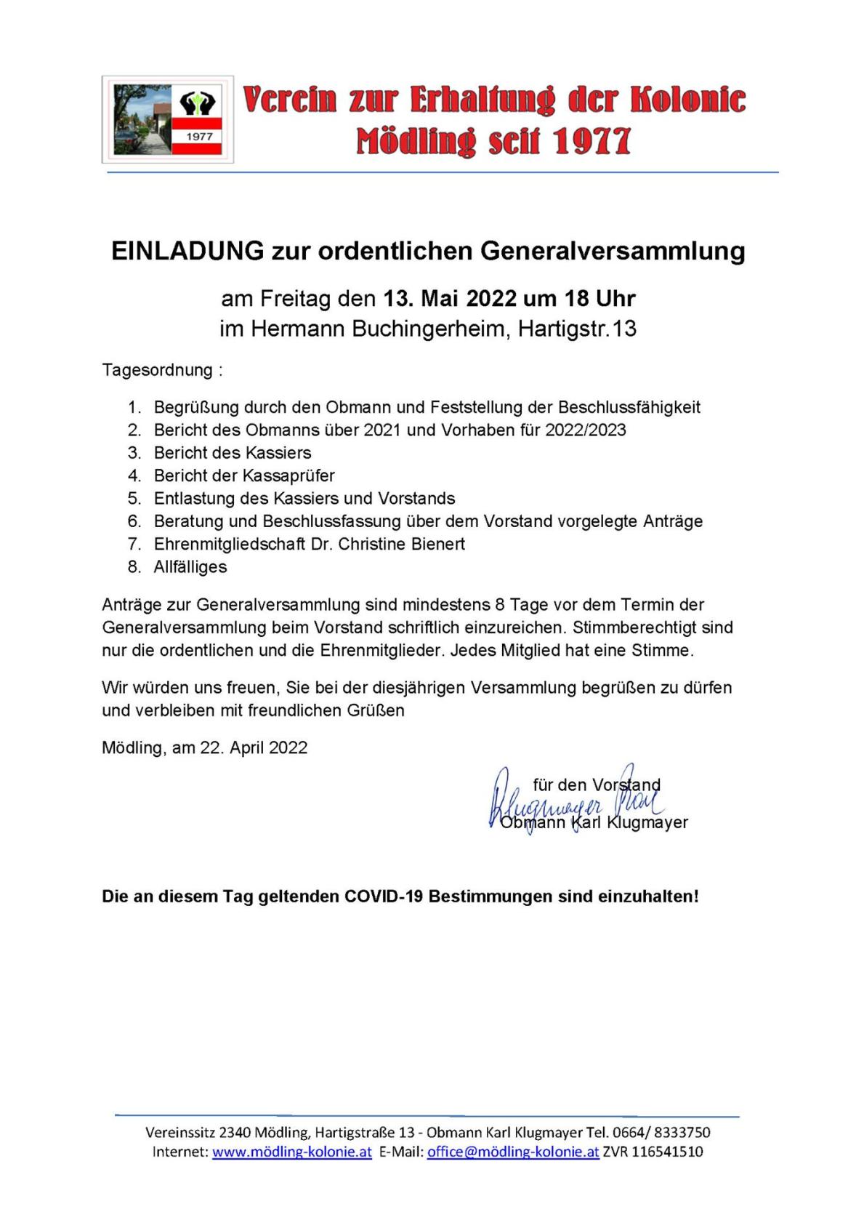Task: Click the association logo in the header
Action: (167, 119)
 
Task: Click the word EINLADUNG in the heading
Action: (187, 251)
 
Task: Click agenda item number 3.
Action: (233, 453)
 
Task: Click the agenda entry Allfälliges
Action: (190, 567)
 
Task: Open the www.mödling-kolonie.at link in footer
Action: (292, 1152)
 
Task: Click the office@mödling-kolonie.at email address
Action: (513, 1152)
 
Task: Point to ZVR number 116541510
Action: (666, 1152)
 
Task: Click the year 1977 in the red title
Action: (591, 141)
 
